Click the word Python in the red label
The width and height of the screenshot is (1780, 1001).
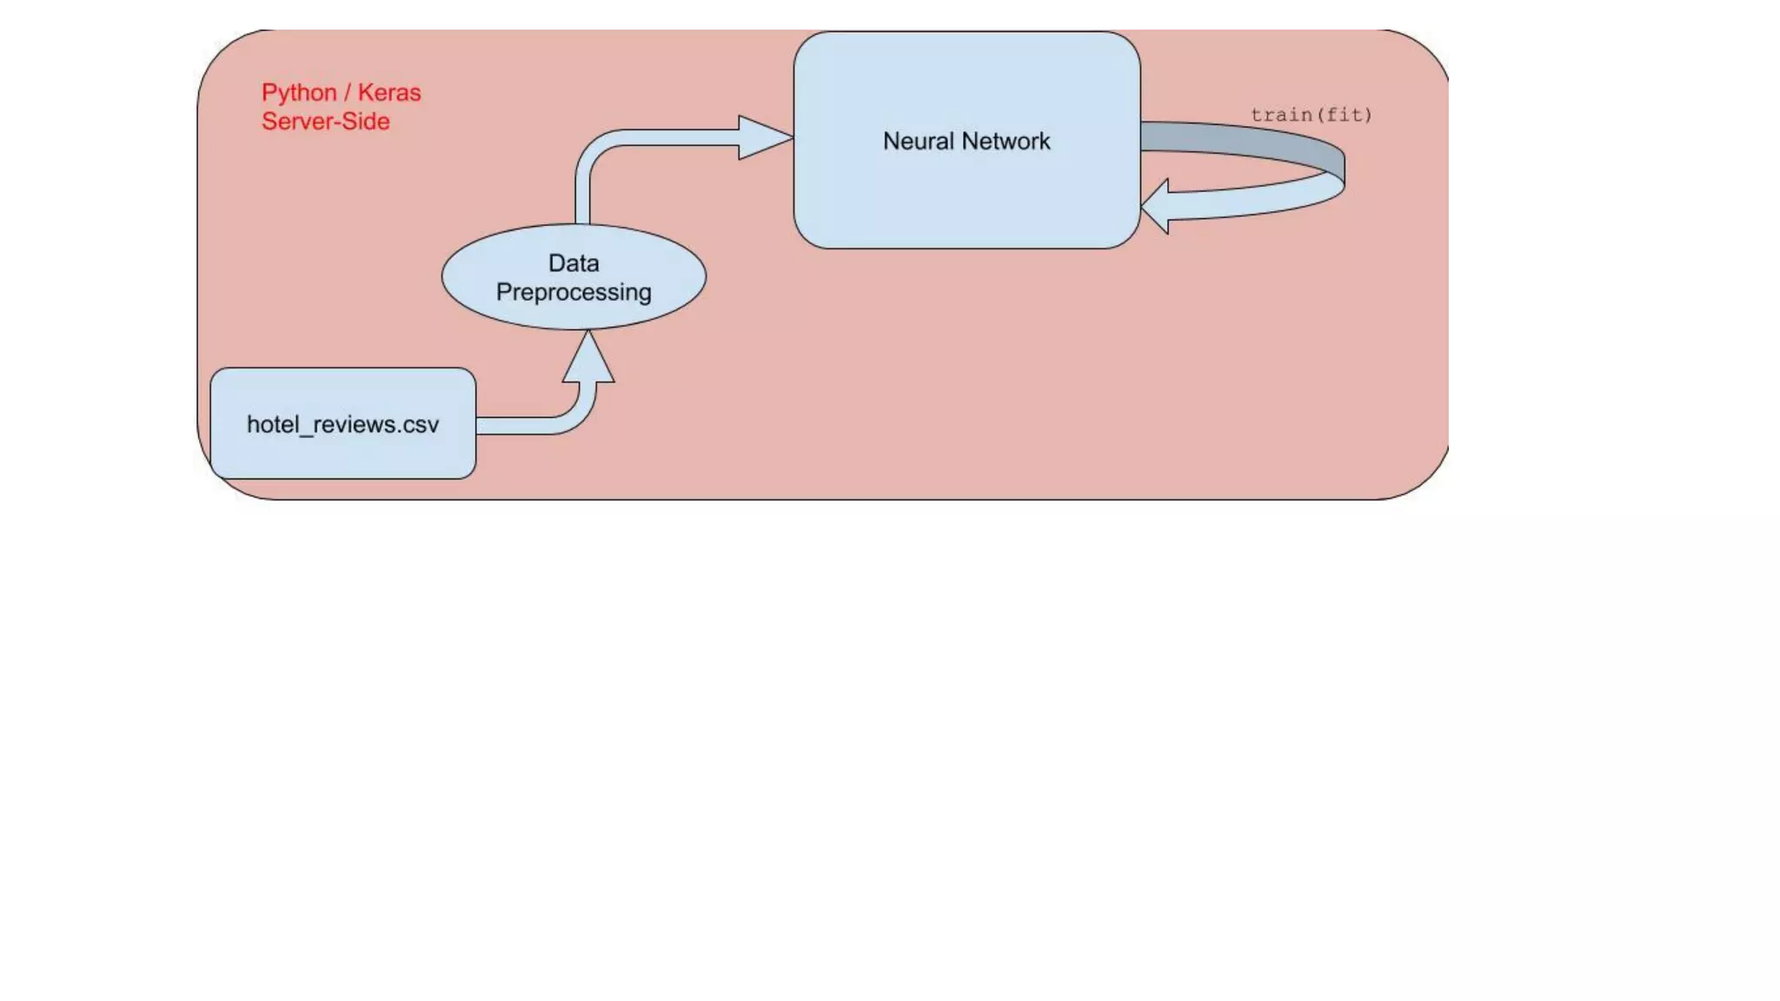coord(299,93)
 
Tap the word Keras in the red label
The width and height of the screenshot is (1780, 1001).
coord(389,93)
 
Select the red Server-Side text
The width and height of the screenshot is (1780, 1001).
coord(326,122)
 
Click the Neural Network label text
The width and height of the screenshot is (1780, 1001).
coord(966,142)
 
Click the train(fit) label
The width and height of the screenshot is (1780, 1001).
coord(1311,115)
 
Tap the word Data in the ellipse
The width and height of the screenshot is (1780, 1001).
coord(574,263)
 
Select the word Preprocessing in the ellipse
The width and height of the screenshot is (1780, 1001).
coord(574,293)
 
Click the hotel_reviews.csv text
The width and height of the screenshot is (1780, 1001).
coord(342,425)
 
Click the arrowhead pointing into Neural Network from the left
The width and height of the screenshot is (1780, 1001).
coord(762,137)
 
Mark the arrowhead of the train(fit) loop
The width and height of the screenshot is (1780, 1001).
coord(1157,207)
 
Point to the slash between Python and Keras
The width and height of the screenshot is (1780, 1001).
coord(348,93)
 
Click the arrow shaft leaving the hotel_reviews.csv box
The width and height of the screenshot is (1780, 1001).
coord(517,425)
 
